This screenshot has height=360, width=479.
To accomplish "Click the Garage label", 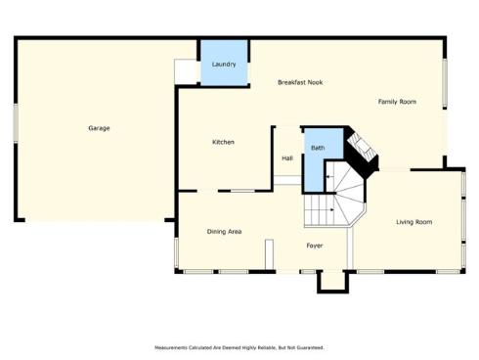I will (99, 128).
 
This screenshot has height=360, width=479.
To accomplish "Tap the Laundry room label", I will (224, 65).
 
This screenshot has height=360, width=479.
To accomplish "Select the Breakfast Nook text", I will (300, 82).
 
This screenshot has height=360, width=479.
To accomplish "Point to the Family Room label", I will (397, 102).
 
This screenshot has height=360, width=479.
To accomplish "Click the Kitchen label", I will (223, 143).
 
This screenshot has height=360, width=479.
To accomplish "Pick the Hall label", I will (287, 158).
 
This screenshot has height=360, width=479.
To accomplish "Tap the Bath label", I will (318, 148).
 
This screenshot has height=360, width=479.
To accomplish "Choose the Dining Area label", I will (224, 232).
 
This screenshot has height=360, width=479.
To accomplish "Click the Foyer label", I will (315, 245).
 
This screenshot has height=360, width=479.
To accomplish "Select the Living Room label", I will (414, 222).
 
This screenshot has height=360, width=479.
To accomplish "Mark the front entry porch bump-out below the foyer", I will (331, 281).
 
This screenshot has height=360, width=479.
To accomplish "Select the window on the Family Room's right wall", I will (445, 83).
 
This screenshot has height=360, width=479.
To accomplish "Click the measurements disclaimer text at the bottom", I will (239, 347).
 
